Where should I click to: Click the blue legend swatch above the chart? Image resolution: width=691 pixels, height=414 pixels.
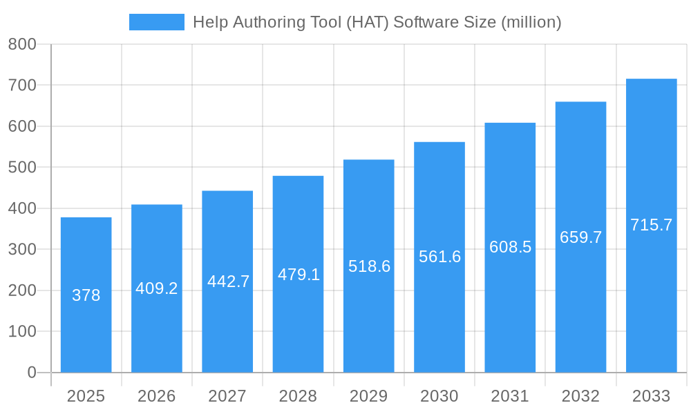157,22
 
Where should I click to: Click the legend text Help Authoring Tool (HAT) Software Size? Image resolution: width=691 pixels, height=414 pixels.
377,22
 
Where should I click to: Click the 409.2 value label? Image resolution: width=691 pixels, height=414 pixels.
157,288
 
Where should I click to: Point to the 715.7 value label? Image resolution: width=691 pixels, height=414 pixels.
651,225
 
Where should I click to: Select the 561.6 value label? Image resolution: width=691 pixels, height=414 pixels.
439,257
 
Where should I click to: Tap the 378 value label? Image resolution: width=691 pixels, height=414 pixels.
86,295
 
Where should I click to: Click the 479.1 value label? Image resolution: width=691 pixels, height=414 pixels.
299,275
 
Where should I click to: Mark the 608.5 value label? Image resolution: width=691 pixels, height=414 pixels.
510,247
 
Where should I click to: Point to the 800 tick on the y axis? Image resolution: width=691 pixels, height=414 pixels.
22,44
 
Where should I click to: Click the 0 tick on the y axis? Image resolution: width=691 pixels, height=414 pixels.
32,373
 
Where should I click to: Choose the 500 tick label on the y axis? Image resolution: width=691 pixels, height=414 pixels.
22,167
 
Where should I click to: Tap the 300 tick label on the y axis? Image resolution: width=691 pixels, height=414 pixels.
22,249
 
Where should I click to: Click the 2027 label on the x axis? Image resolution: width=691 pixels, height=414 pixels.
227,396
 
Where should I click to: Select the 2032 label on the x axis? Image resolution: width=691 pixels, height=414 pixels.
580,396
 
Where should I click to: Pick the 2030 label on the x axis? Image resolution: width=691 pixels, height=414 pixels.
439,396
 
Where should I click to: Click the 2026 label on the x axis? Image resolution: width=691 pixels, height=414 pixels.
157,396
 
